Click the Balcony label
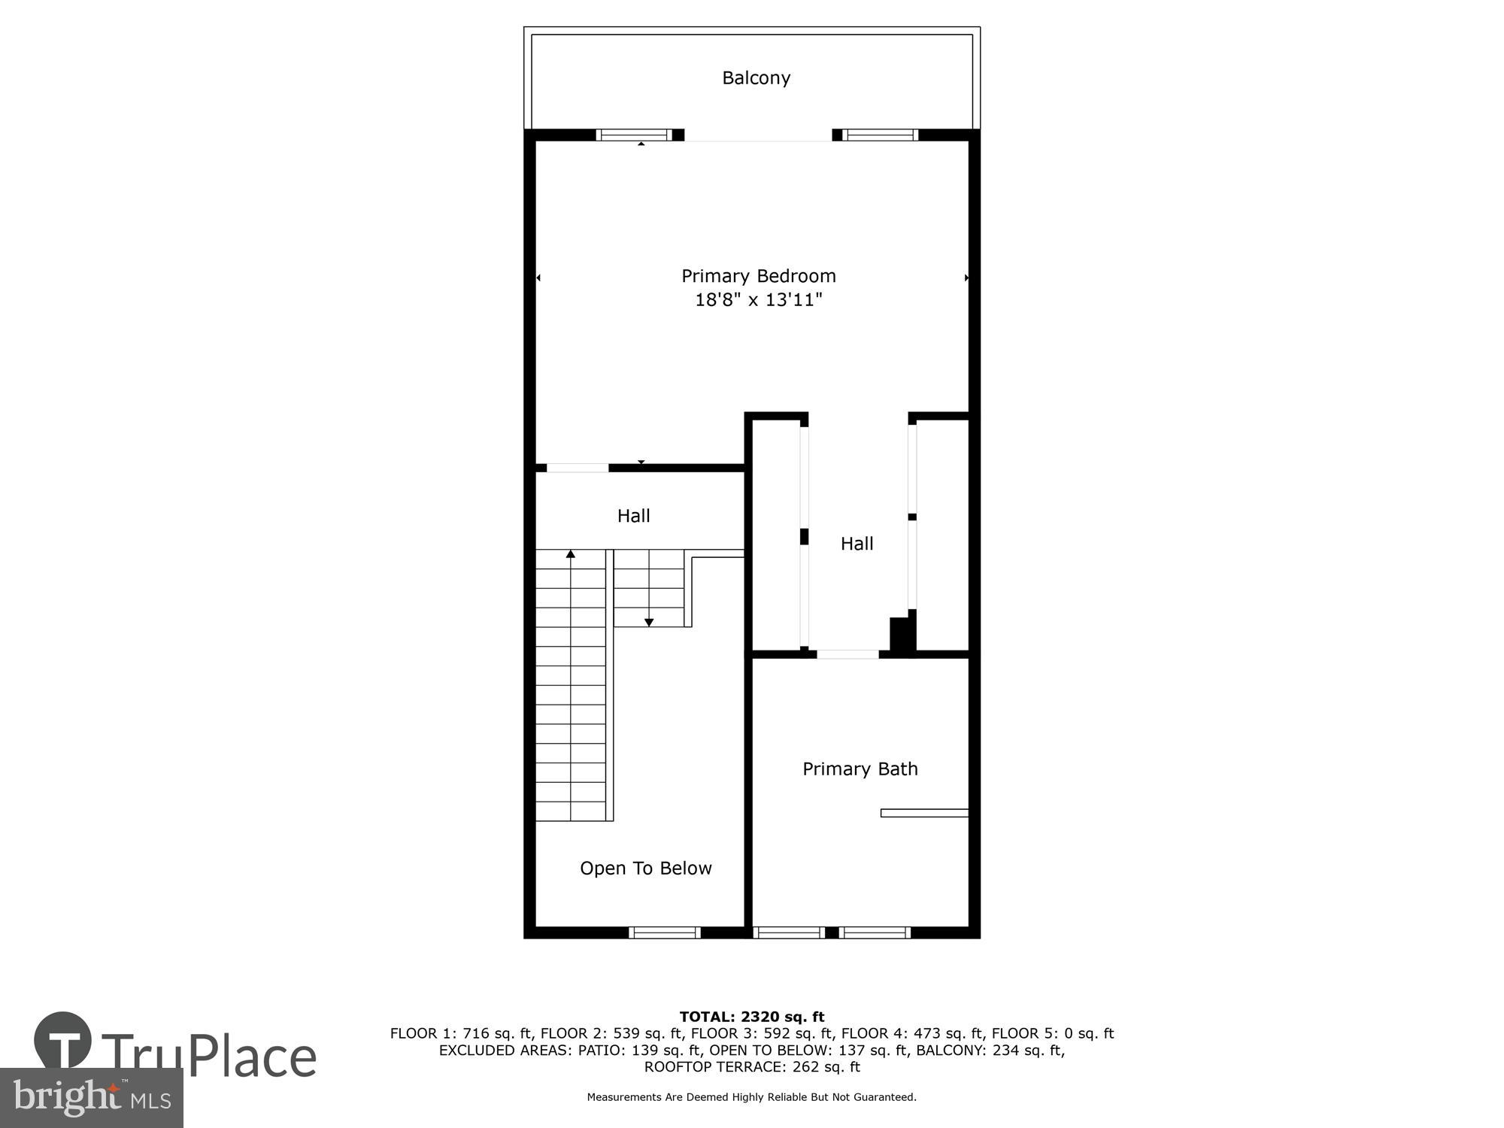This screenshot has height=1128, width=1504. click(756, 78)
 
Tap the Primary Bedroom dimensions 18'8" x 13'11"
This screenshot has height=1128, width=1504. click(758, 300)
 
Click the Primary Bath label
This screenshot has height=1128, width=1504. click(860, 769)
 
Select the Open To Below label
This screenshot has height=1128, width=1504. click(645, 868)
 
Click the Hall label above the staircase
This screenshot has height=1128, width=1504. click(633, 516)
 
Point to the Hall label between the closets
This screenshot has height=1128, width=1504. click(857, 544)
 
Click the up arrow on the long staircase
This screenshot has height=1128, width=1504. click(571, 555)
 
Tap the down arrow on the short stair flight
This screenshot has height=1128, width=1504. click(649, 622)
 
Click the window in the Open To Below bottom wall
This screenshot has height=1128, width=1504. click(665, 932)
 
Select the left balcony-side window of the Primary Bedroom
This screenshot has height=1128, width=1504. click(633, 135)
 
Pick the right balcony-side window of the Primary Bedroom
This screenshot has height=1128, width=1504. click(880, 135)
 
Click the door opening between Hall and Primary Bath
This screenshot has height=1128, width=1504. click(848, 654)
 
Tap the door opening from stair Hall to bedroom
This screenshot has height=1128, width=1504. click(577, 468)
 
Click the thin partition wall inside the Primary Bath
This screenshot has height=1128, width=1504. click(924, 813)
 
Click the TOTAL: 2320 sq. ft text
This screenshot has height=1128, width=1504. click(752, 1017)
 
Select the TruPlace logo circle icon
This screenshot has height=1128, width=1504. click(63, 1041)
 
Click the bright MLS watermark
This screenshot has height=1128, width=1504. click(91, 1098)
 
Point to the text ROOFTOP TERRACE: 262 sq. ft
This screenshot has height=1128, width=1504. click(752, 1066)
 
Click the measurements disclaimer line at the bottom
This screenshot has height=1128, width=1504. click(752, 1097)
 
